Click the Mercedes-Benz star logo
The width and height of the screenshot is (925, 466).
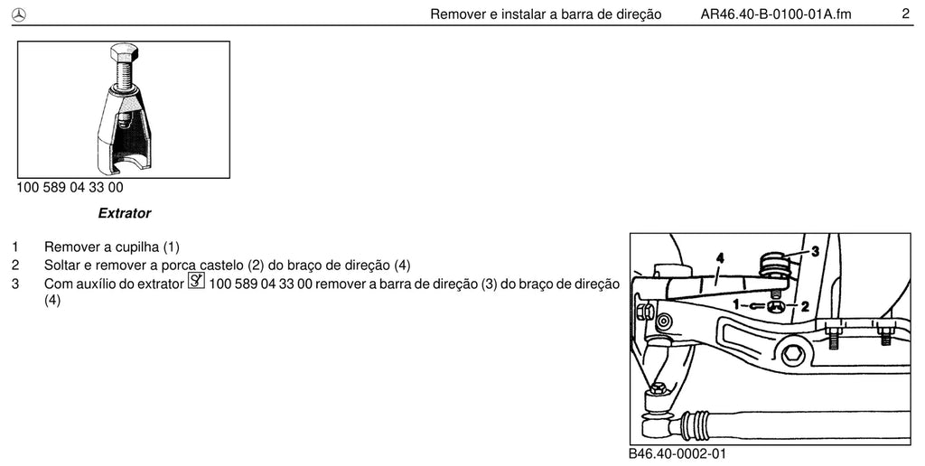19,15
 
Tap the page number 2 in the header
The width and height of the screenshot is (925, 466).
905,14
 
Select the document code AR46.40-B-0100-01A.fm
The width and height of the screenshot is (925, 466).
776,14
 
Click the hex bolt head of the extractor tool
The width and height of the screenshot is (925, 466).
123,54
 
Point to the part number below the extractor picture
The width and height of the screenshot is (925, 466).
70,188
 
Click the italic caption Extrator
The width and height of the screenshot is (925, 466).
125,213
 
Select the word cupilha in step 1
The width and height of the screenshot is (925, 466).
137,247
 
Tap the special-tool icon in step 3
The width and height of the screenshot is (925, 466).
196,281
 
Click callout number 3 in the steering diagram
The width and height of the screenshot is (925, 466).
815,251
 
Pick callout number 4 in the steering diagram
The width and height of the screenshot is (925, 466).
719,257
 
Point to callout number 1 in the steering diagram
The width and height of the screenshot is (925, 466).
736,305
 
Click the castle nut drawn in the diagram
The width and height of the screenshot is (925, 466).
775,305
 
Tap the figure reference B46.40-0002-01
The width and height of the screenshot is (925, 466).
677,453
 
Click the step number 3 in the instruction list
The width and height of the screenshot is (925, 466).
15,284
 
